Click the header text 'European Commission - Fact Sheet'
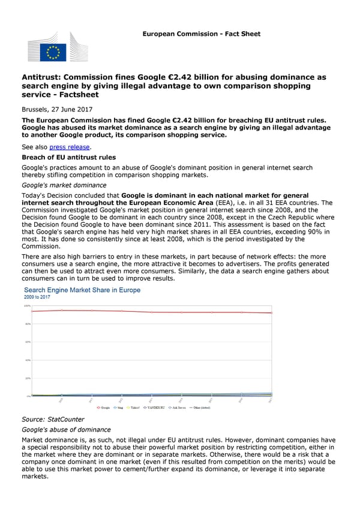pos(201,34)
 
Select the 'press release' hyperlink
pos(70,147)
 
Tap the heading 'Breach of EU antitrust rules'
pos(65,157)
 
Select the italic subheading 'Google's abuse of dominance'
pos(66,430)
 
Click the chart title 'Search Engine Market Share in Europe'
pos(82,290)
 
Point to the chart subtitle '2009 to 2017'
pos(37,297)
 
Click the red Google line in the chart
pos(150,312)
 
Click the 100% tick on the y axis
pos(27,306)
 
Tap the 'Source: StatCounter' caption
pos(53,420)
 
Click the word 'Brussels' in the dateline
pos(36,110)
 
